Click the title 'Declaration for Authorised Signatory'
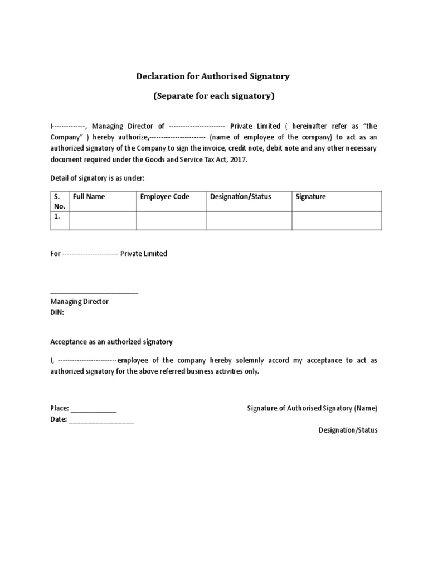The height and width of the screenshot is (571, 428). pos(214,76)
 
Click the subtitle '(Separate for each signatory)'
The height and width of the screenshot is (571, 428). pos(214,96)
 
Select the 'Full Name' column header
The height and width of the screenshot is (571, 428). pos(89,197)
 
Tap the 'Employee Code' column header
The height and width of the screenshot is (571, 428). pos(164,197)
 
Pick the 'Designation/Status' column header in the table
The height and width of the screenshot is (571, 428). pos(240,197)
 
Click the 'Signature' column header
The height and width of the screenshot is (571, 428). pos(310,197)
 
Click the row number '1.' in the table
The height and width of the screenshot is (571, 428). pos(57,216)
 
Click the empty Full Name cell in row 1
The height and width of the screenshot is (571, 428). pos(103,220)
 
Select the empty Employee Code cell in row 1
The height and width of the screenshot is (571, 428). pos(172,220)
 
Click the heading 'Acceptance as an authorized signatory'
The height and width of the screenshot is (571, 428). pos(111,342)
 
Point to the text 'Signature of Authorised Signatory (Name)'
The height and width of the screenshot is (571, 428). pos(312,408)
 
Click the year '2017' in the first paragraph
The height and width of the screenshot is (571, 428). pos(237,159)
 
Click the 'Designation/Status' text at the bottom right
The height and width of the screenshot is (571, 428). pos(348,430)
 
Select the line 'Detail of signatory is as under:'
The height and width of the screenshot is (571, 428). pos(98,177)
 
